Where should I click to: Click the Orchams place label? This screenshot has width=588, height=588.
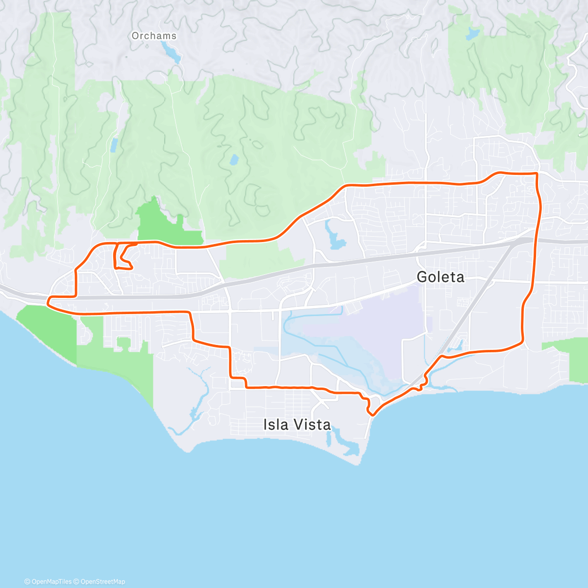pos(154,36)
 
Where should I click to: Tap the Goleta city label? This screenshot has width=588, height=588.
pos(440,277)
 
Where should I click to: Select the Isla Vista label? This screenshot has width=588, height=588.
pos(297,424)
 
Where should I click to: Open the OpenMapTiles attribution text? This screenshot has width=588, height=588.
pos(48,582)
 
